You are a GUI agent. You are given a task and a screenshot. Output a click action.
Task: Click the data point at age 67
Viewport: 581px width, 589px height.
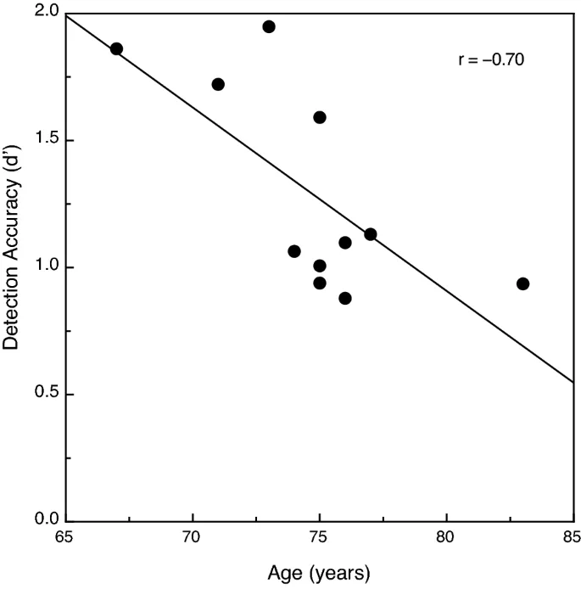pyautogui.click(x=116, y=49)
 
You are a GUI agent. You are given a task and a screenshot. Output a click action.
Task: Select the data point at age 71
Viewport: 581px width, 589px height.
pyautogui.click(x=218, y=84)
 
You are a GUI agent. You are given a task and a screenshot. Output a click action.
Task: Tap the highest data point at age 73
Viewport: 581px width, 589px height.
pyautogui.click(x=269, y=26)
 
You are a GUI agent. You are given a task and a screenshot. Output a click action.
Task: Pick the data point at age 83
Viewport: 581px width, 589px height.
pyautogui.click(x=522, y=283)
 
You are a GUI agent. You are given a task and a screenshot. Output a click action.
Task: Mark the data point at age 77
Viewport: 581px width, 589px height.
pyautogui.click(x=371, y=234)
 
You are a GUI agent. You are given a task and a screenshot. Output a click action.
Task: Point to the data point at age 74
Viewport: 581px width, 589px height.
pyautogui.click(x=294, y=251)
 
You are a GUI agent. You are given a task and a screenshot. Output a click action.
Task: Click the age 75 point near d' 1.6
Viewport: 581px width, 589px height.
pyautogui.click(x=320, y=117)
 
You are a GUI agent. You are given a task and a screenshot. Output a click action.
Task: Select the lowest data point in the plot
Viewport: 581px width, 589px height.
pyautogui.click(x=345, y=298)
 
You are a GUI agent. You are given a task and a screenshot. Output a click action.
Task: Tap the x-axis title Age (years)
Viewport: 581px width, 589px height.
pyautogui.click(x=320, y=573)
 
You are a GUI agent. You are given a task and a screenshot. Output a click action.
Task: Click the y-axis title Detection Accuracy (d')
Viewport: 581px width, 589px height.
pyautogui.click(x=12, y=266)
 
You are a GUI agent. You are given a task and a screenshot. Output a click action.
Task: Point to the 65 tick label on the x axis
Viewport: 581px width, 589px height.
pyautogui.click(x=66, y=537)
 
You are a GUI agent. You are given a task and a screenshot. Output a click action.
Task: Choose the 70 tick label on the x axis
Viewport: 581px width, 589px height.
pyautogui.click(x=193, y=537)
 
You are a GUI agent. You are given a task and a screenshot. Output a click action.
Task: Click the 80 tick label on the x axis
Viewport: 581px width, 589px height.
pyautogui.click(x=446, y=537)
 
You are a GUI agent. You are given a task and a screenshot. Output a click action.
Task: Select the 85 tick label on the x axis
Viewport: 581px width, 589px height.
pyautogui.click(x=572, y=537)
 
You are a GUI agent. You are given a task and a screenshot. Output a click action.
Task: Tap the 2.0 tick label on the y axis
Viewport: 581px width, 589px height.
pyautogui.click(x=47, y=14)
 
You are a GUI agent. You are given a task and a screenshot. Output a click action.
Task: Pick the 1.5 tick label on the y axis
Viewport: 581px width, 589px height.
pyautogui.click(x=47, y=140)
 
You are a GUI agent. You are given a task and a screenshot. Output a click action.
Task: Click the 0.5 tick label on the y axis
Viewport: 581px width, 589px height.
pyautogui.click(x=47, y=395)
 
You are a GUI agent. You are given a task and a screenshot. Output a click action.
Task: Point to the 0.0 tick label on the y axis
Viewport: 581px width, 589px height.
pyautogui.click(x=47, y=520)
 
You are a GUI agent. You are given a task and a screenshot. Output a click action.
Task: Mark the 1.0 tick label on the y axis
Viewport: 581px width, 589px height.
pyautogui.click(x=47, y=267)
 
